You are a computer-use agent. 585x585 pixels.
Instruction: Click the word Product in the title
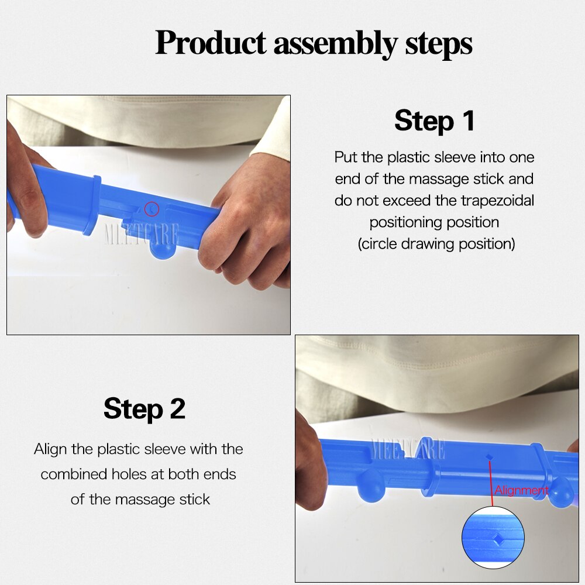pos(211,43)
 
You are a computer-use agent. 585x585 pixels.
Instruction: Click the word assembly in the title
pos(335,43)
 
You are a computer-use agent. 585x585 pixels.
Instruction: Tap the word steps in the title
pos(438,43)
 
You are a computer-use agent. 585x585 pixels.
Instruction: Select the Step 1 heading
pos(434,121)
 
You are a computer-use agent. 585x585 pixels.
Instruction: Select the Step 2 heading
pos(144,408)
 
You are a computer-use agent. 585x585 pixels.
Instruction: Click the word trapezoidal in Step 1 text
pos(497,200)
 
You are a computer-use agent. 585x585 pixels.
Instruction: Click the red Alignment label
pos(521,490)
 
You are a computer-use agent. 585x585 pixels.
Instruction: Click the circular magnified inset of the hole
pos(493,537)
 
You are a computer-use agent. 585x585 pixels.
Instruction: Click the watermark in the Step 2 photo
pos(408,449)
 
